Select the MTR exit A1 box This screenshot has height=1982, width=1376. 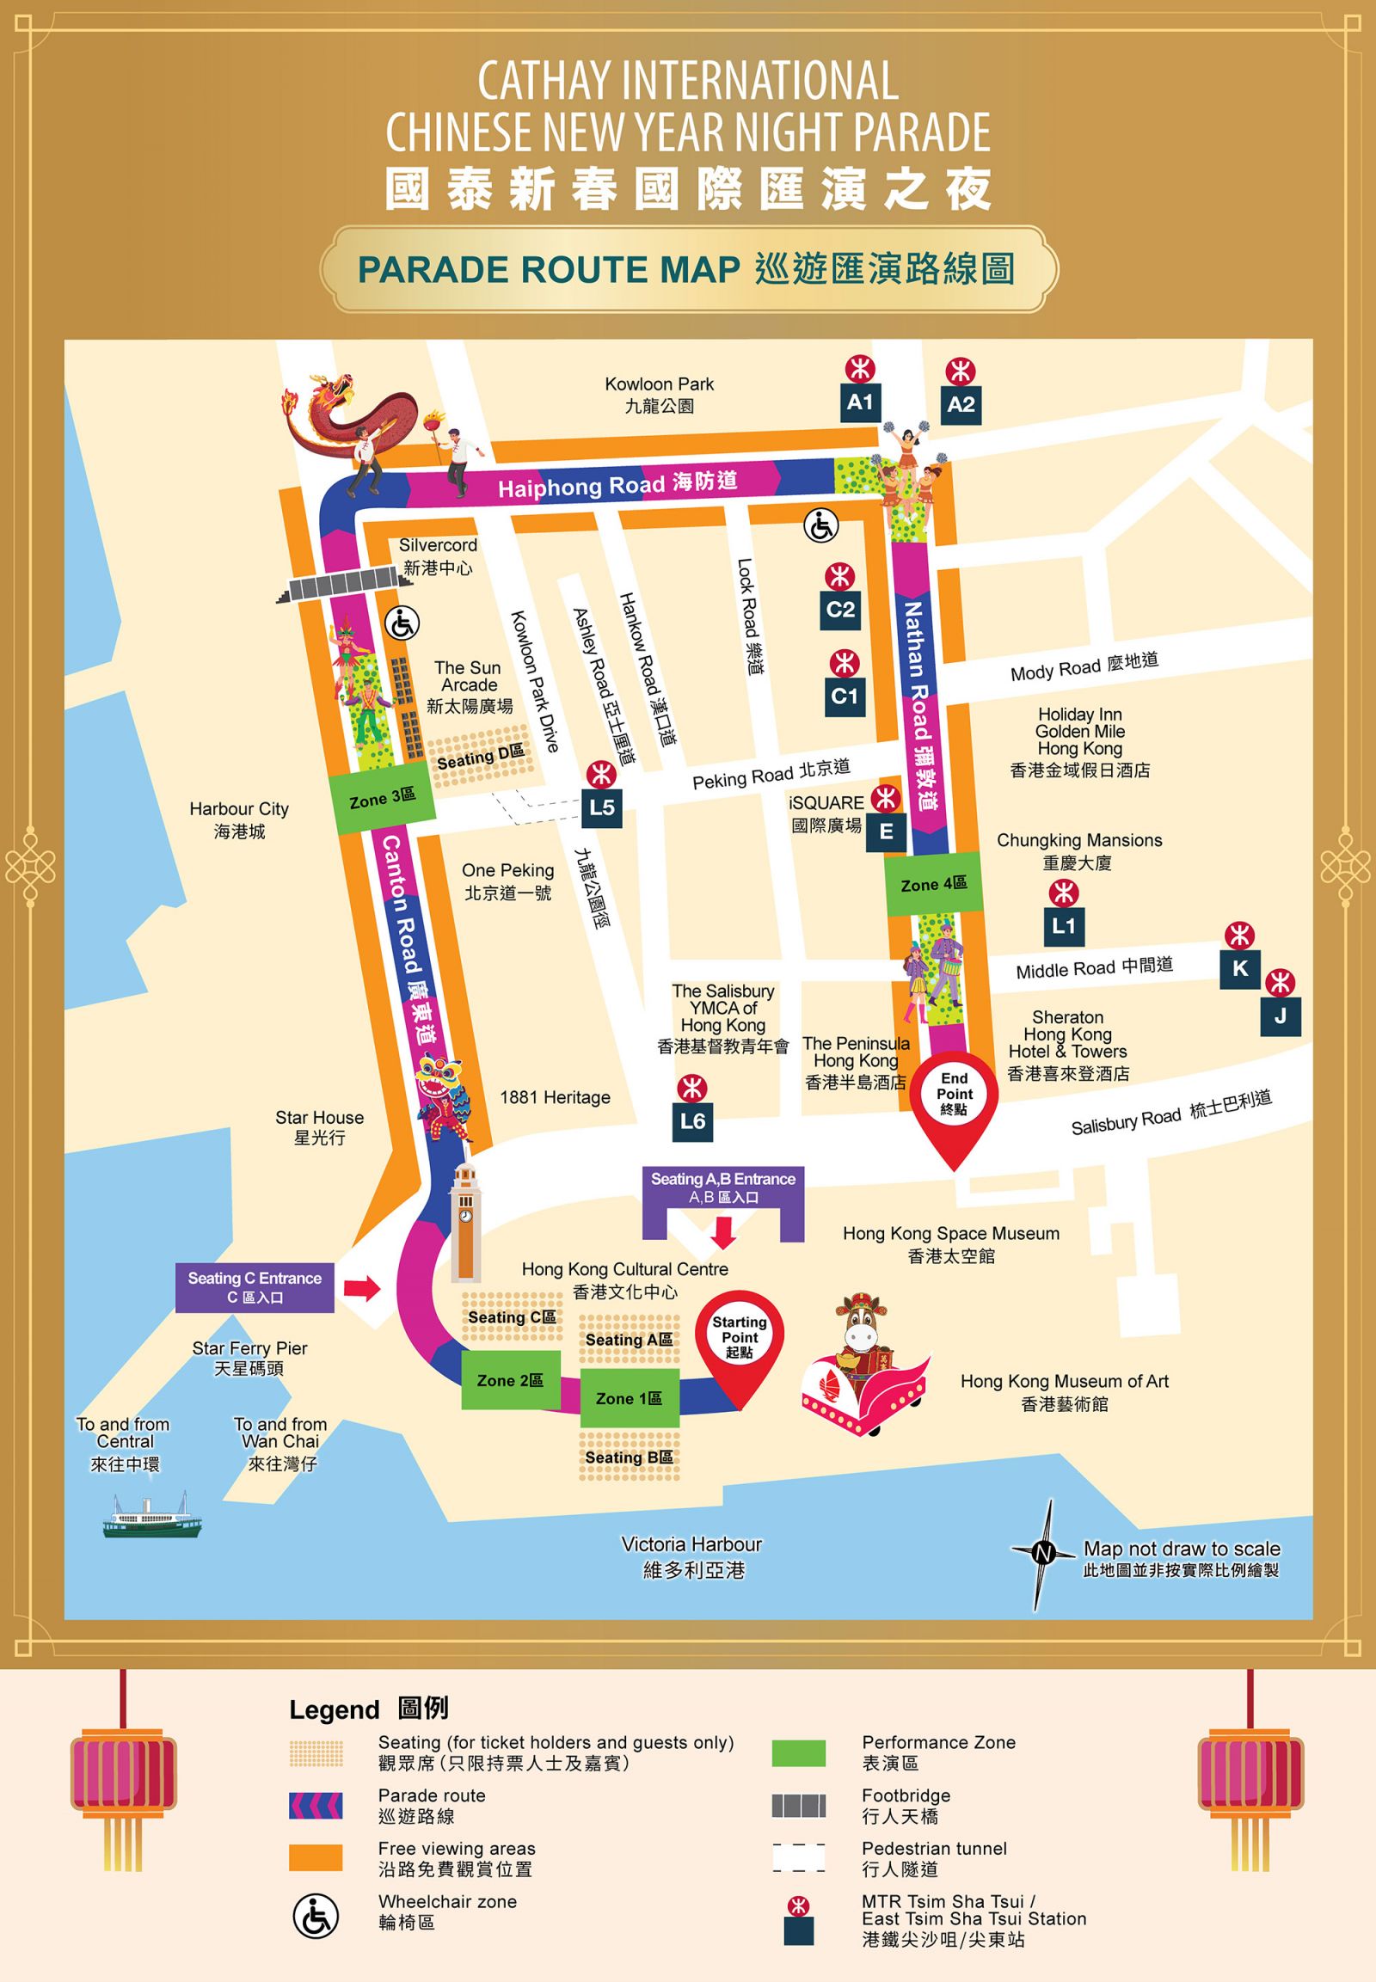pyautogui.click(x=859, y=402)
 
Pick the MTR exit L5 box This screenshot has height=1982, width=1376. pyautogui.click(x=601, y=807)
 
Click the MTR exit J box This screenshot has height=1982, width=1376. pyautogui.click(x=1280, y=1016)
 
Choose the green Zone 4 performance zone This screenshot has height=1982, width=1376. pyautogui.click(x=933, y=885)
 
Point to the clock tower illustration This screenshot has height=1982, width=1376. pyautogui.click(x=464, y=1221)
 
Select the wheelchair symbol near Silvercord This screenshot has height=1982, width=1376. pyautogui.click(x=401, y=623)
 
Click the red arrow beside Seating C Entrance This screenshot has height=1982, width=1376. pyautogui.click(x=361, y=1289)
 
